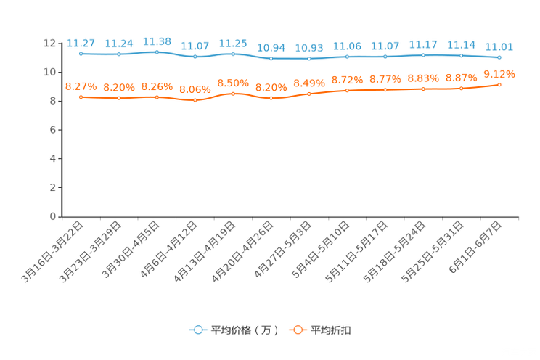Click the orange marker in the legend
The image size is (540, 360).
click(x=297, y=330)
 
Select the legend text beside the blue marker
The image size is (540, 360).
click(x=244, y=330)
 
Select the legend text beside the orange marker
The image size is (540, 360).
click(x=332, y=330)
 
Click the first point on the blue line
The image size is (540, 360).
click(x=81, y=53)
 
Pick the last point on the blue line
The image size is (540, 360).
click(x=499, y=57)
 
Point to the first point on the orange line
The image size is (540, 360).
click(x=81, y=97)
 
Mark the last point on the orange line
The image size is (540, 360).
click(x=499, y=84)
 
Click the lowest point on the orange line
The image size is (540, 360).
click(x=195, y=101)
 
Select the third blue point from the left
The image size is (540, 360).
click(x=157, y=52)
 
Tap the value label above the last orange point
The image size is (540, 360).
click(x=499, y=73)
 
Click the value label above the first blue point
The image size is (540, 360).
click(x=81, y=42)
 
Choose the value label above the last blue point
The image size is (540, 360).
click(x=499, y=47)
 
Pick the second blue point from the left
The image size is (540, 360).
click(x=118, y=54)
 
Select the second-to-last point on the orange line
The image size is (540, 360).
click(x=461, y=88)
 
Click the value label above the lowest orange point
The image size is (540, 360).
click(x=195, y=89)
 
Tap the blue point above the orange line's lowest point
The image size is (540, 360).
click(x=195, y=56)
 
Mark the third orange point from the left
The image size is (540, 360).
click(x=157, y=97)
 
